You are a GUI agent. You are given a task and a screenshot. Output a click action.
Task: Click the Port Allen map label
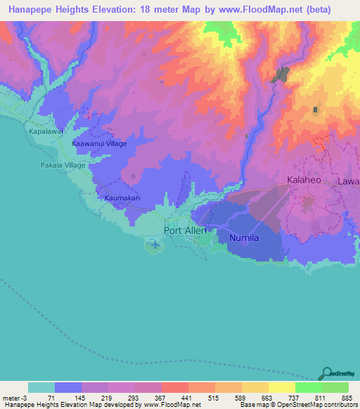pyautogui.click(x=186, y=230)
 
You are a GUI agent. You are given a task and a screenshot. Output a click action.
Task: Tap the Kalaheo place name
pyautogui.click(x=304, y=180)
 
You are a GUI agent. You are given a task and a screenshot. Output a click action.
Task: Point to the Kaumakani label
pyautogui.click(x=123, y=198)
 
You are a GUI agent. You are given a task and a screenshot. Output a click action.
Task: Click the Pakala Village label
pyautogui.click(x=62, y=165)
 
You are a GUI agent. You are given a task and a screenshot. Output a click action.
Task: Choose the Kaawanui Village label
pyautogui.click(x=99, y=143)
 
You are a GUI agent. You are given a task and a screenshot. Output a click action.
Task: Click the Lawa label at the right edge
pyautogui.click(x=348, y=181)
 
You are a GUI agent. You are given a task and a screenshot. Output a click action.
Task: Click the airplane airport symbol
pyautogui.click(x=155, y=245)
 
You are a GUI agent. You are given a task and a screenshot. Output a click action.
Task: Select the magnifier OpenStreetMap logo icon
pyautogui.click(x=326, y=373)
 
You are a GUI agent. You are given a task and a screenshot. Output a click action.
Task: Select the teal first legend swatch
pyautogui.click(x=41, y=387)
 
